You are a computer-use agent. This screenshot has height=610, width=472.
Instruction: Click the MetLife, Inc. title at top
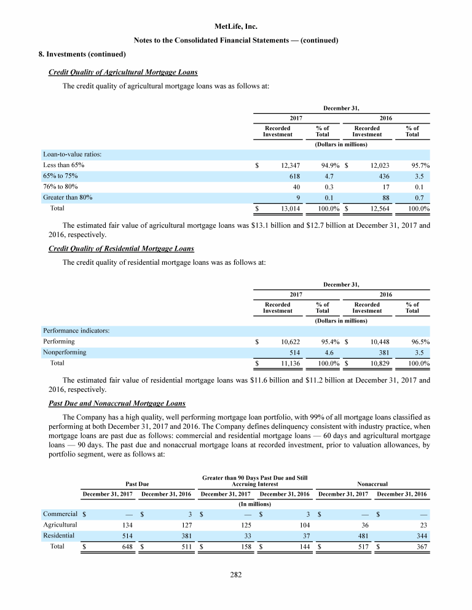(x=237, y=26)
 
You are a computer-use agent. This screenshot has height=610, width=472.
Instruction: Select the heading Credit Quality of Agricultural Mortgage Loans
(x=123, y=72)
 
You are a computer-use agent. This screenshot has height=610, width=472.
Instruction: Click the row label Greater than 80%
(x=68, y=198)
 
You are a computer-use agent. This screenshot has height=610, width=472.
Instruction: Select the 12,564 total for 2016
(x=376, y=209)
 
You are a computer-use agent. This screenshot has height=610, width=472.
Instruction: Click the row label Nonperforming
(x=65, y=352)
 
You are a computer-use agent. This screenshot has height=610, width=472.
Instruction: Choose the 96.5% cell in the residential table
(x=419, y=341)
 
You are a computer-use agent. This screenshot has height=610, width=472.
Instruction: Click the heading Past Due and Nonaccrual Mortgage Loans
(x=117, y=403)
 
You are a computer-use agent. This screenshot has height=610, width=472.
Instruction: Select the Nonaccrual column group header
(x=372, y=483)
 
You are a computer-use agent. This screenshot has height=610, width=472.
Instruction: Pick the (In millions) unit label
(x=255, y=504)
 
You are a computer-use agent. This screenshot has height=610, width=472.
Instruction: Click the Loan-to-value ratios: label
(x=73, y=154)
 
